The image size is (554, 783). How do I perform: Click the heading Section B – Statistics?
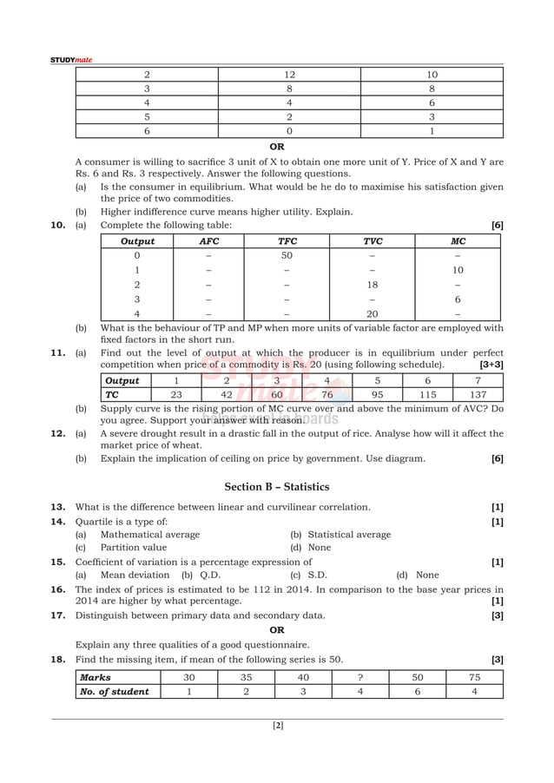pyautogui.click(x=276, y=487)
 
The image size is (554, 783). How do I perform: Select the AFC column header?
pyautogui.click(x=209, y=241)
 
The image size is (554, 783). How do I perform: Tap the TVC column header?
pyautogui.click(x=373, y=241)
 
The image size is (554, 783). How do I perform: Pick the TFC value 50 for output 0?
pyautogui.click(x=287, y=255)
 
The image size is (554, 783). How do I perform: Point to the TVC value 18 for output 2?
pyautogui.click(x=373, y=285)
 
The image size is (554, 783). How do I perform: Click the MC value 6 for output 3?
pyautogui.click(x=458, y=299)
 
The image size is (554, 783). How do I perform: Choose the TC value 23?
pyautogui.click(x=176, y=394)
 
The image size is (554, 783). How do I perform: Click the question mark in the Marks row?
pyautogui.click(x=359, y=677)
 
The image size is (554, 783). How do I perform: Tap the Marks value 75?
pyautogui.click(x=474, y=677)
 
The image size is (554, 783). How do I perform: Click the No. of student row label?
pyautogui.click(x=114, y=692)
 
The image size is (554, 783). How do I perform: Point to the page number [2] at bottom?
pyautogui.click(x=277, y=726)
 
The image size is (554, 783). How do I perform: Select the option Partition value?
pyautogui.click(x=133, y=548)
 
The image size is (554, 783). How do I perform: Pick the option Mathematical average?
pyautogui.click(x=149, y=535)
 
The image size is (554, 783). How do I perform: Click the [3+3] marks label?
pyautogui.click(x=491, y=365)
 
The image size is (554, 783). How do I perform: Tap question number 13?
pyautogui.click(x=57, y=507)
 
